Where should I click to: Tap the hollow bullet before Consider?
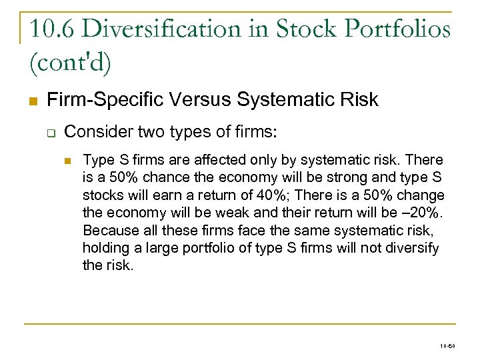click(x=50, y=132)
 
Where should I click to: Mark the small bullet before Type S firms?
click(x=68, y=161)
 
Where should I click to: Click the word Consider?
click(x=94, y=131)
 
